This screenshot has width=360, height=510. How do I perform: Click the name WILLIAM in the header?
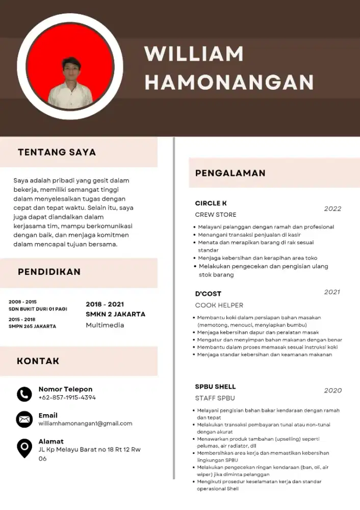[x=194, y=54]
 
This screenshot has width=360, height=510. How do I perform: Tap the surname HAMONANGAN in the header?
[x=229, y=82]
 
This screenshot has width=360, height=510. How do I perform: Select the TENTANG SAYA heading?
[x=57, y=152]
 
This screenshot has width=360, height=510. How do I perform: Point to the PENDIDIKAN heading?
[x=49, y=272]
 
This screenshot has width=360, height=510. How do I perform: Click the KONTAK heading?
[x=38, y=361]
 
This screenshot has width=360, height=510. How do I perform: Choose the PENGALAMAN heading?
[x=230, y=173]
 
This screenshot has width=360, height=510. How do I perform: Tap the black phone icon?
[x=24, y=394]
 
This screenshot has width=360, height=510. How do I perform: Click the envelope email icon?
[x=24, y=419]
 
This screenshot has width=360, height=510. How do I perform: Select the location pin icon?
[x=24, y=447]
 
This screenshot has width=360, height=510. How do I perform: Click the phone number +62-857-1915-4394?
[x=67, y=397]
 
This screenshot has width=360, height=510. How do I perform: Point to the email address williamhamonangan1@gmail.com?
[x=85, y=423]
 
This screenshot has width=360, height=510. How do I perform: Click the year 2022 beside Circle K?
[x=332, y=209]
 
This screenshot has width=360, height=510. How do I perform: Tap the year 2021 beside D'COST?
[x=332, y=292]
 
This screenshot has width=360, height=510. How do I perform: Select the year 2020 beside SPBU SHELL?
[x=332, y=390]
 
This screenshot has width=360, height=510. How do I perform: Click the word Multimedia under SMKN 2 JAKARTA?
[x=105, y=325]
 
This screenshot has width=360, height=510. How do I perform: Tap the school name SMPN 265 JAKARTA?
[x=32, y=326]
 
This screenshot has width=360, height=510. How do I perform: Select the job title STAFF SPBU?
[x=215, y=398]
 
